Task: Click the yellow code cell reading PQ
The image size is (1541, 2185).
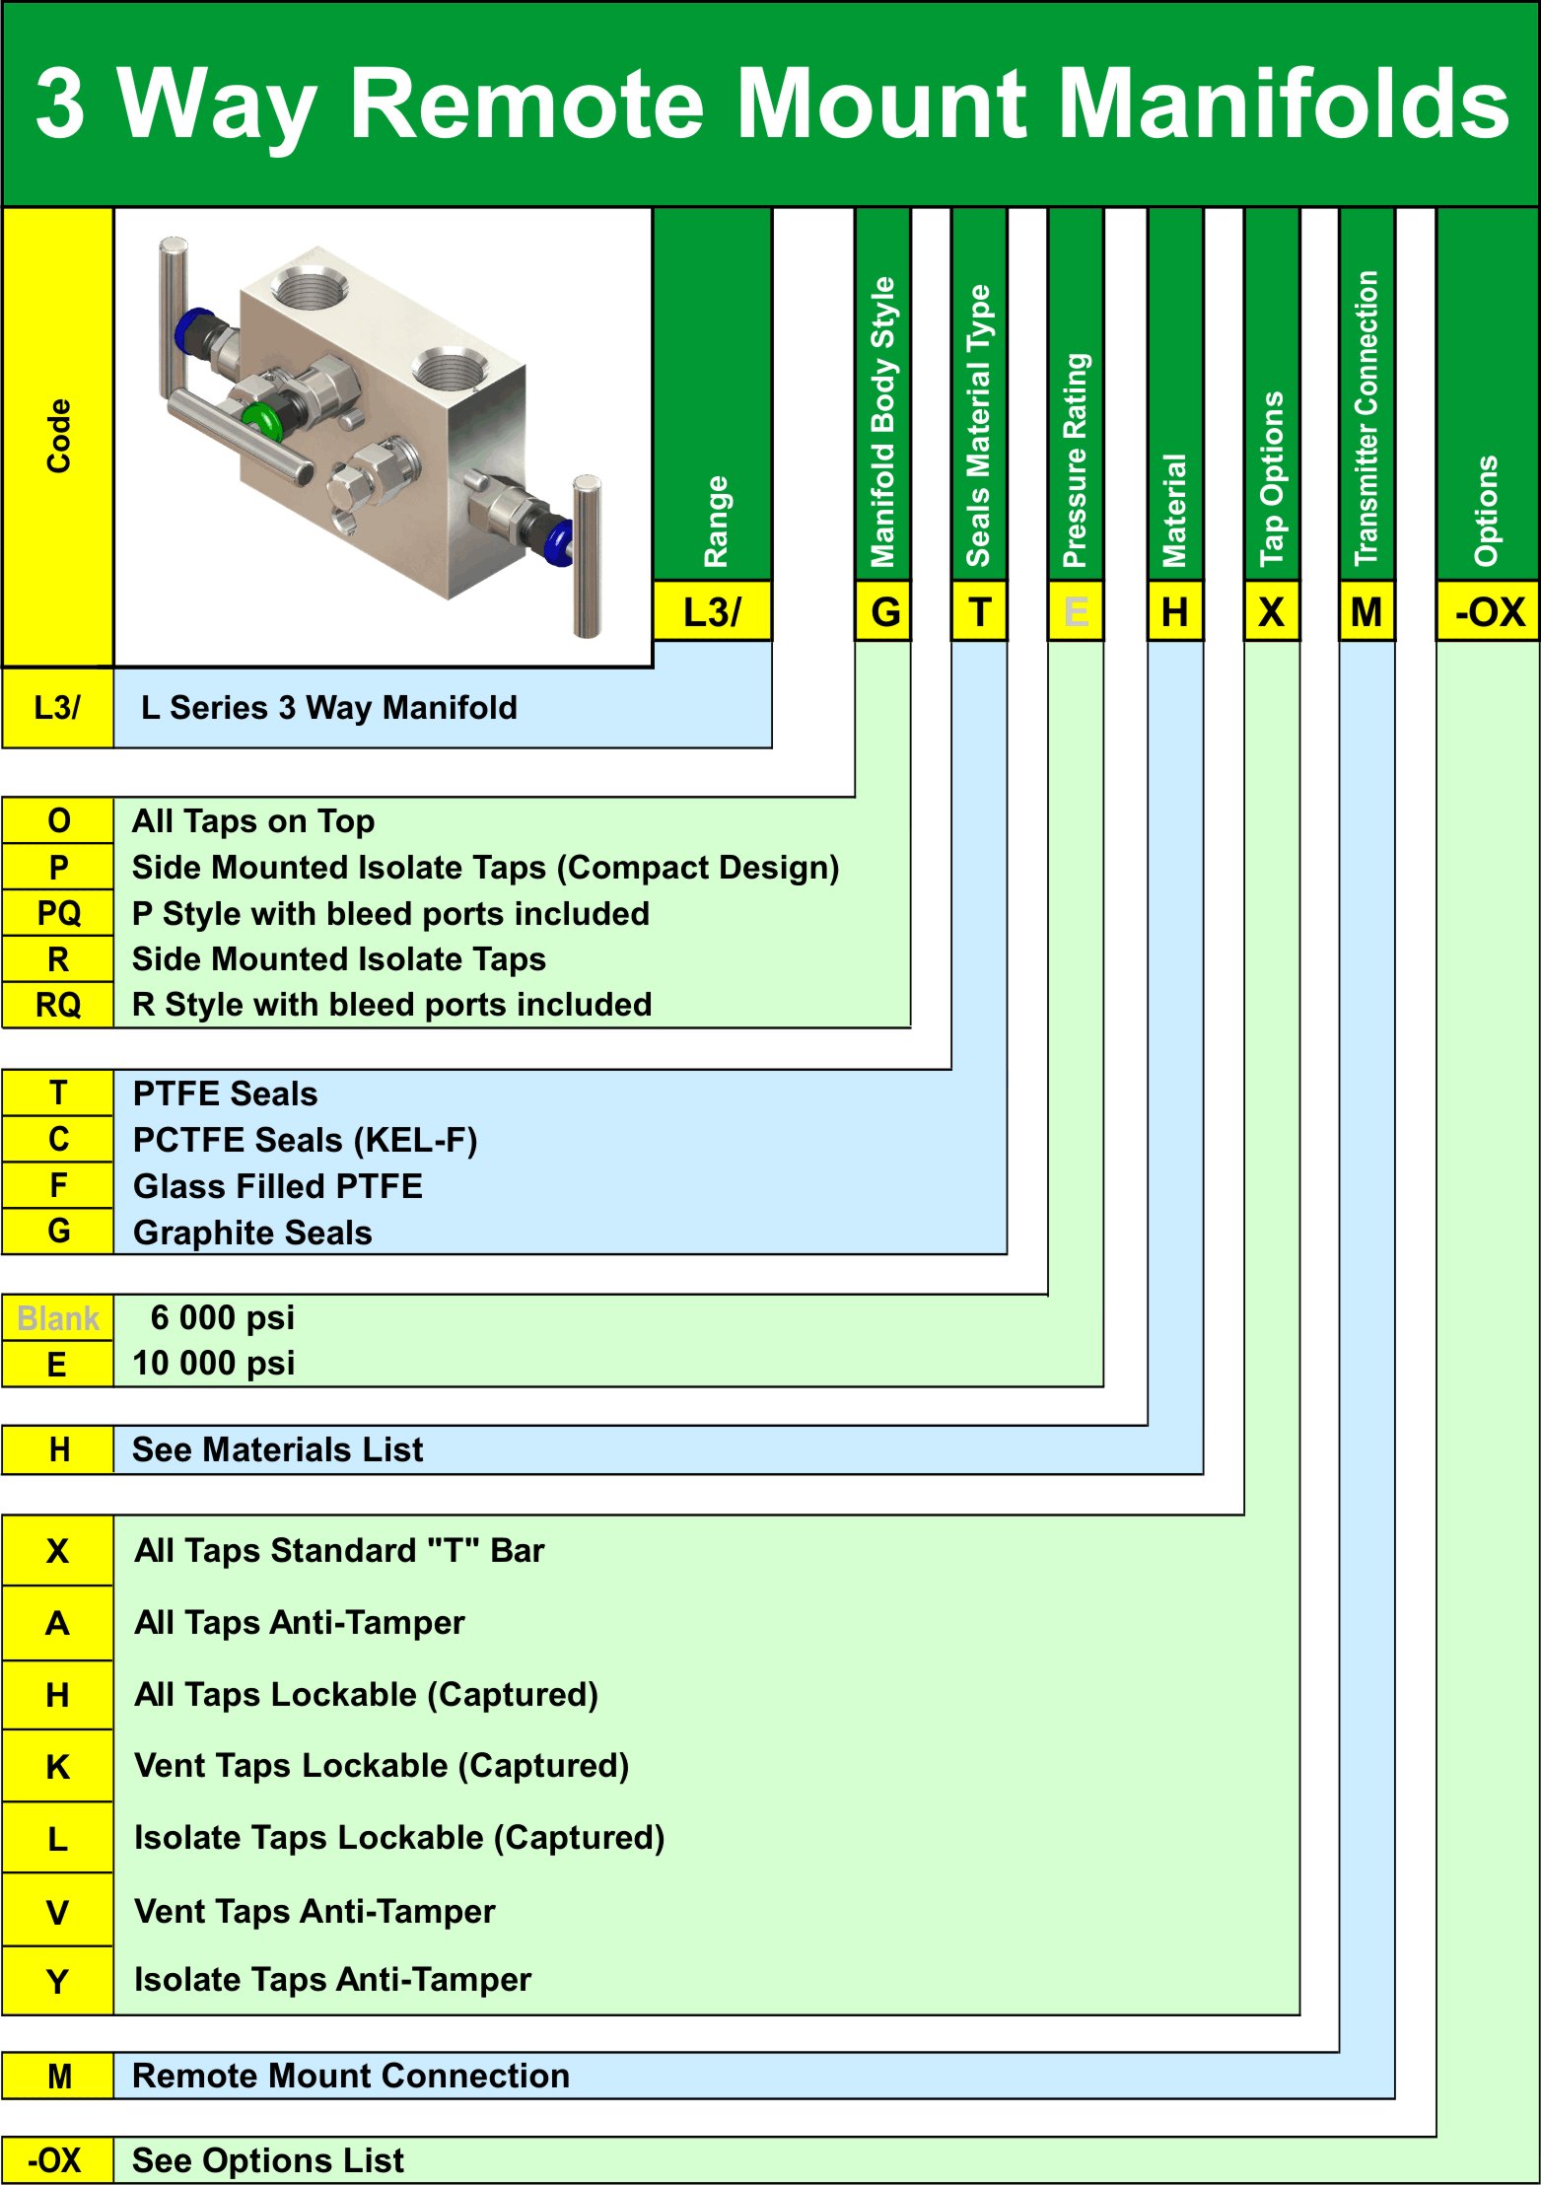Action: (x=58, y=913)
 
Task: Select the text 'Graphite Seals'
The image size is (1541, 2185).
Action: (x=252, y=1233)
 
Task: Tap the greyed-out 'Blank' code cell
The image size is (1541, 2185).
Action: (x=58, y=1318)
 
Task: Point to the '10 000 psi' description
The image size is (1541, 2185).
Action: (x=214, y=1364)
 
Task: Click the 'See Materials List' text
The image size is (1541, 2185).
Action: (x=277, y=1449)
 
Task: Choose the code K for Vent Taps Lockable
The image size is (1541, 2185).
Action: (x=58, y=1767)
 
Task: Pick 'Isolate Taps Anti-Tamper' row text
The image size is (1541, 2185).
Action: (x=332, y=1979)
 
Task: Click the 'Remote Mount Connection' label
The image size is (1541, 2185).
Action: (x=351, y=2076)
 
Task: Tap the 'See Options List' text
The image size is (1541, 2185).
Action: (x=268, y=2160)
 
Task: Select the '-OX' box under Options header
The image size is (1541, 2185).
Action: (x=1489, y=612)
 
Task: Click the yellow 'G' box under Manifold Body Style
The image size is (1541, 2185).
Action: (x=884, y=612)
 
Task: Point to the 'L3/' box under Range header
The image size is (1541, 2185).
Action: (x=712, y=612)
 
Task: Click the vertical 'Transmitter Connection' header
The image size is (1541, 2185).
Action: (x=1366, y=418)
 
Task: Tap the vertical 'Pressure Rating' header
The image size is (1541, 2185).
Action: (x=1076, y=459)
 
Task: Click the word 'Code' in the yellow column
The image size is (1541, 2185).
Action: (x=59, y=436)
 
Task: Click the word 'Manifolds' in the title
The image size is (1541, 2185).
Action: (x=1282, y=104)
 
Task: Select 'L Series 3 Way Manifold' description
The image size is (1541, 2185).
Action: (x=329, y=708)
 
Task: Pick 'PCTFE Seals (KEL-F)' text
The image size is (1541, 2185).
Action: (x=306, y=1140)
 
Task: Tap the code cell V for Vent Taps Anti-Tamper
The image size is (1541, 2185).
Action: (x=58, y=1912)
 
